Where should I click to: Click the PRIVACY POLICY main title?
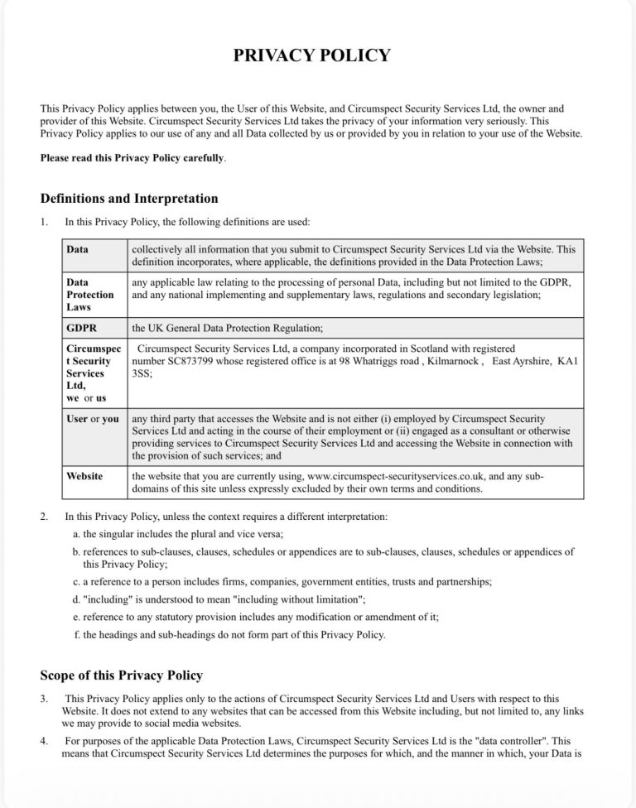coord(311,56)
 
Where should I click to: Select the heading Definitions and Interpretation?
coord(128,199)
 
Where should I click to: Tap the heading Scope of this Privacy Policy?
coord(121,676)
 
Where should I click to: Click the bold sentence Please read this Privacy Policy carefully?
coord(132,157)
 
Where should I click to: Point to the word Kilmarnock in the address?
coord(451,361)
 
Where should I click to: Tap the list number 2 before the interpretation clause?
coord(44,517)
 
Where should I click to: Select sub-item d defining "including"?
coord(219,599)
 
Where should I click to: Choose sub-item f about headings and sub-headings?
coord(229,635)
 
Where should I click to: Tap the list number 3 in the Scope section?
coord(44,700)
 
